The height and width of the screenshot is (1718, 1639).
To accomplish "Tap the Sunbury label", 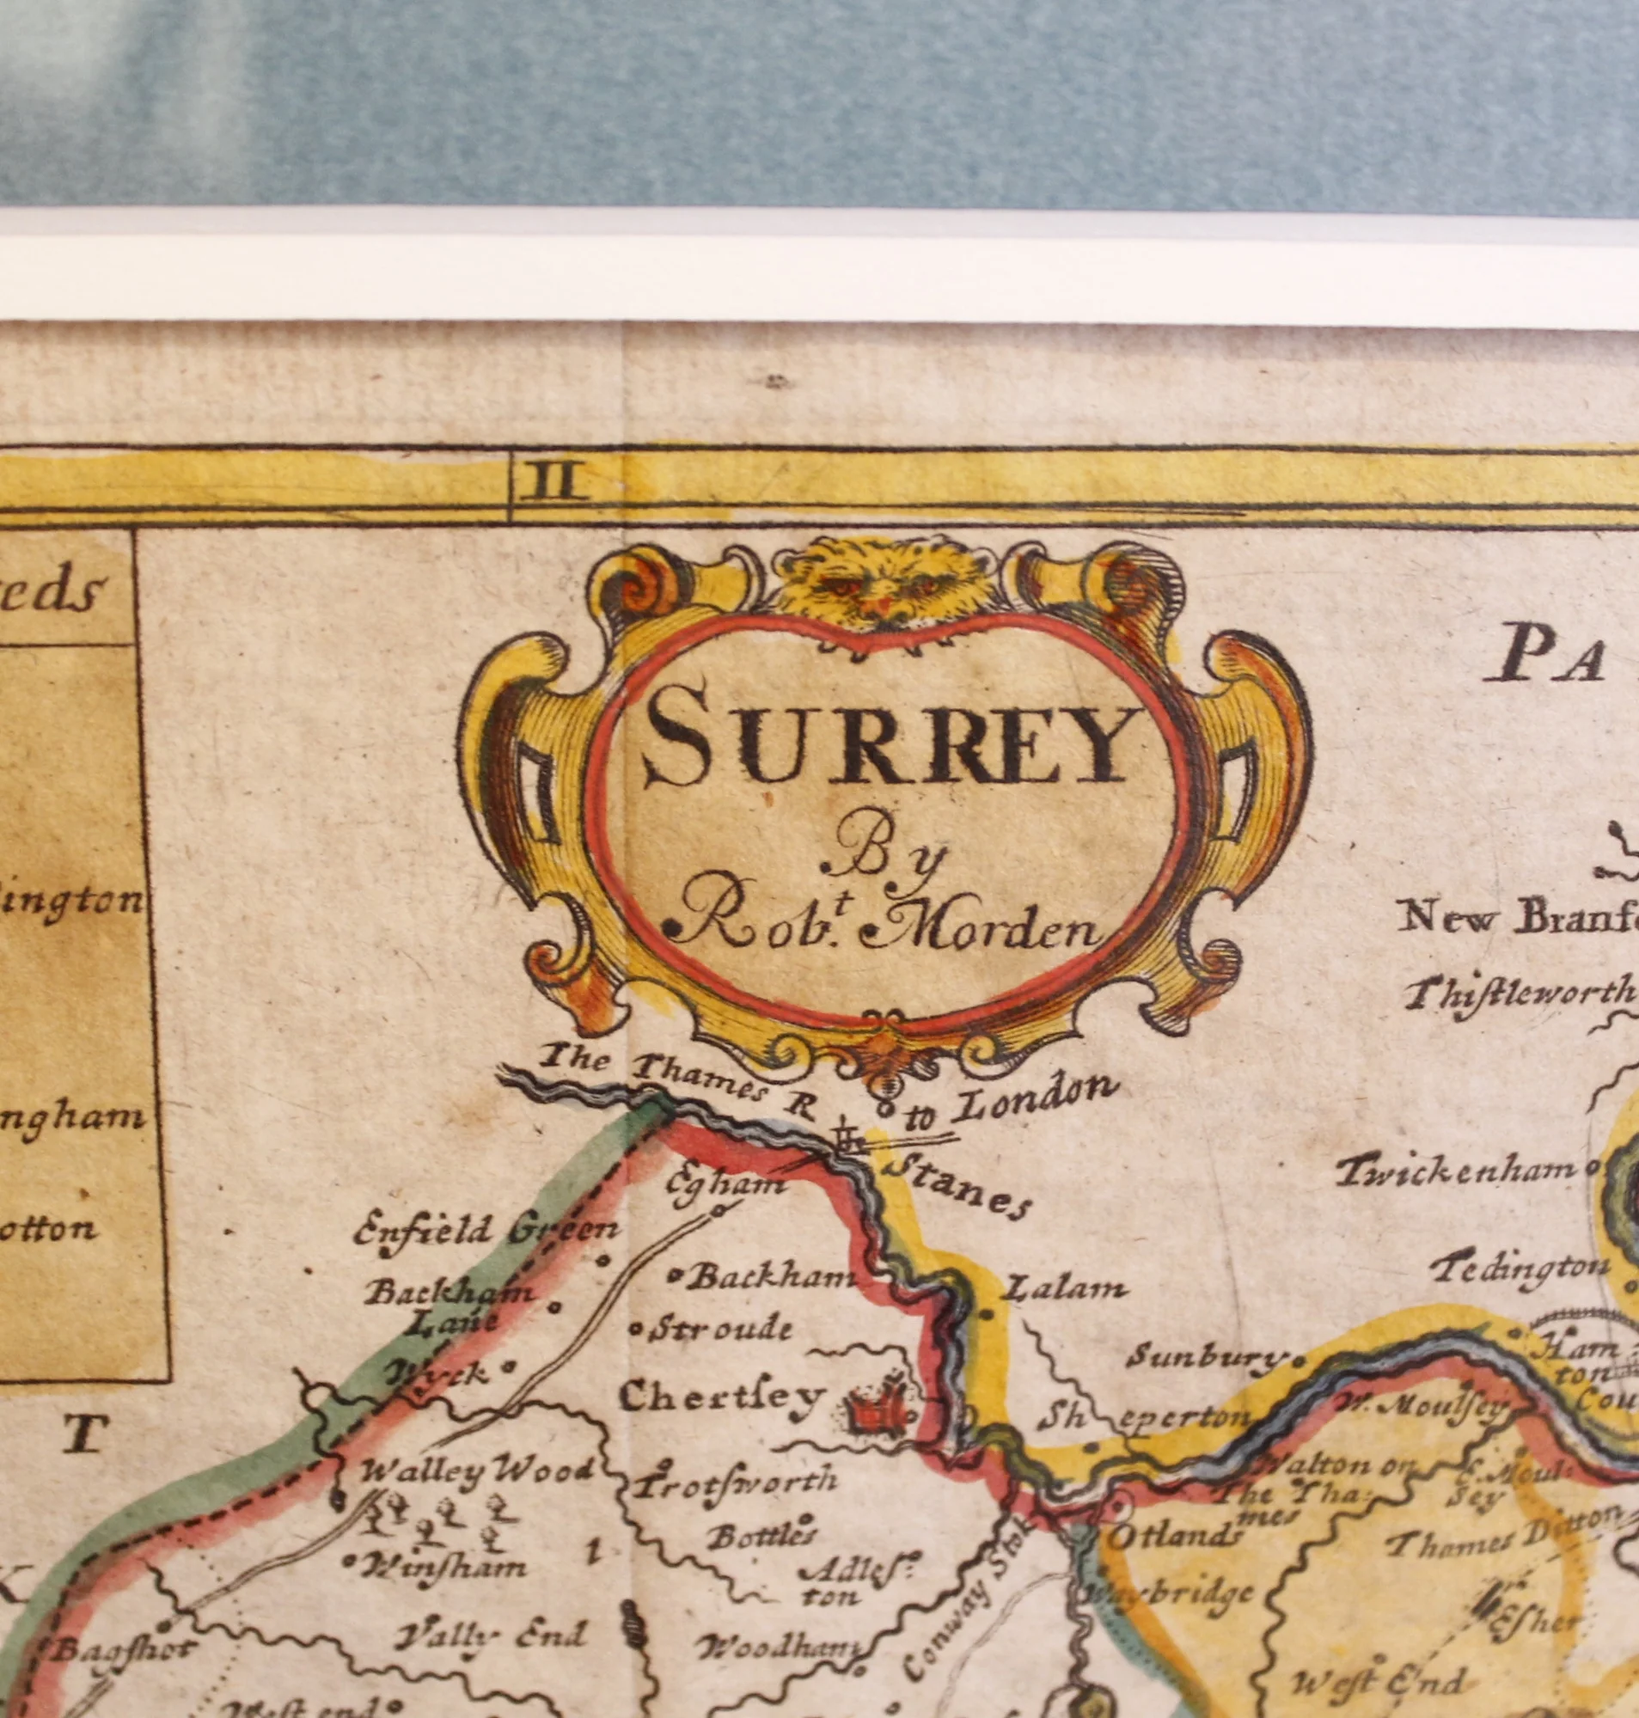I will click(1206, 1357).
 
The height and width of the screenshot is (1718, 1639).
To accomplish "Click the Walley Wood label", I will click(477, 1471).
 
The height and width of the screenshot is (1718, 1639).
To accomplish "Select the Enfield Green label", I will click(486, 1232).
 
